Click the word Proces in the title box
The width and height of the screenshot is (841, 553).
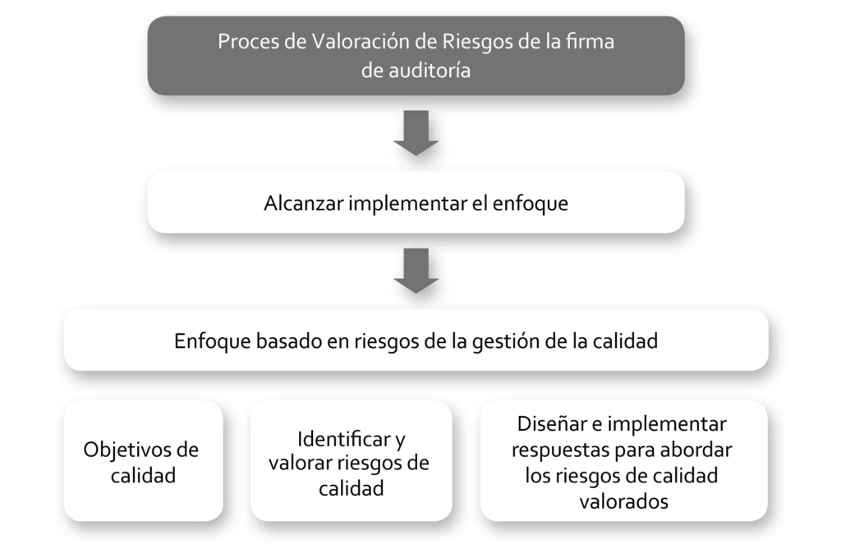(248, 42)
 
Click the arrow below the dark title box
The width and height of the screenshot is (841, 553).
(416, 133)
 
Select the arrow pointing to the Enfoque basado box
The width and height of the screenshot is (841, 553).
(416, 271)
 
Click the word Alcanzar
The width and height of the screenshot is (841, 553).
(304, 203)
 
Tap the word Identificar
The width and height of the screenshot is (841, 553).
(344, 440)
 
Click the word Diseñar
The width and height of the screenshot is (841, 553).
(552, 424)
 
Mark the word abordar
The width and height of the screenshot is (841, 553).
(696, 450)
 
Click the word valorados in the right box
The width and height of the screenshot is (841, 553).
(624, 501)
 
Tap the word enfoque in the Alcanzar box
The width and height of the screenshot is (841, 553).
(531, 204)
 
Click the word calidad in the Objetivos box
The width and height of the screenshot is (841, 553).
(143, 476)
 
